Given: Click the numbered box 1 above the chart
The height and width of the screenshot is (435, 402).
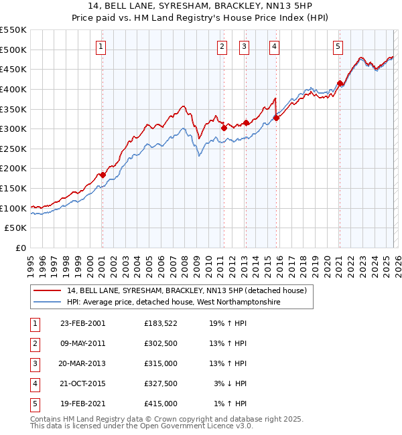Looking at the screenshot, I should click(100, 46).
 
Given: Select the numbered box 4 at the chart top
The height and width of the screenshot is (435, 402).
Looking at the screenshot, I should click(275, 46).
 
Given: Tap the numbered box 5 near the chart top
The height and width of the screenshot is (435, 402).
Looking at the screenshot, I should click(338, 46).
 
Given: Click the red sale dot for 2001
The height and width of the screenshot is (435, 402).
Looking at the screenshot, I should click(103, 175).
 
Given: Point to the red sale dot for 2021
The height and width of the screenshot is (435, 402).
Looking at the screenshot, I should click(340, 83).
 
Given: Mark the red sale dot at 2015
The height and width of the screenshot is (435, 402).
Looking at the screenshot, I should click(276, 118).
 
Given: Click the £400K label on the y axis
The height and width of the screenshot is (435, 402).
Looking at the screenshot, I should click(13, 89).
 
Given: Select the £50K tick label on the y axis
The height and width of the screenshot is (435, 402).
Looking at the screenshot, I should click(16, 228).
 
